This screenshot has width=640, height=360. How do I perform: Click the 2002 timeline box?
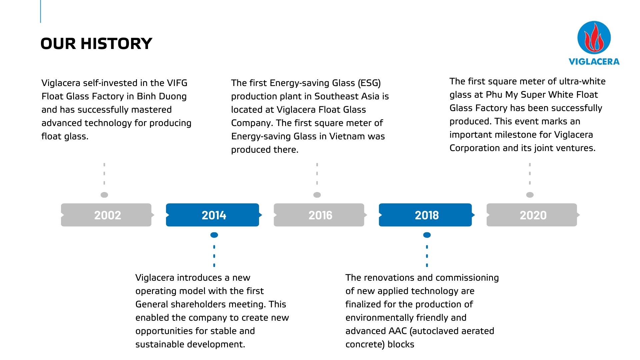pos(107,215)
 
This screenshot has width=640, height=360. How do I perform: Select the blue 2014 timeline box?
pos(213,215)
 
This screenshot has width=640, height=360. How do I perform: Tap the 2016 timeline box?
pos(320,215)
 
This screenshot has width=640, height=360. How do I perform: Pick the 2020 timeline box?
pos(532,215)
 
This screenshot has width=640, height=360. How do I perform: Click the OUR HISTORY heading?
pos(96,44)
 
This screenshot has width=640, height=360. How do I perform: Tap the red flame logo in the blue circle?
pos(594,38)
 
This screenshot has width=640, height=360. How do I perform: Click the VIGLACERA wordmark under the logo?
pos(594,61)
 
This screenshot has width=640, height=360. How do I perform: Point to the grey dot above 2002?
pos(104,195)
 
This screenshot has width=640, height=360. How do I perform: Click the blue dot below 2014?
pos(214,235)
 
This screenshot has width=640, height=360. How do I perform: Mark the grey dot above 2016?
pos(317,195)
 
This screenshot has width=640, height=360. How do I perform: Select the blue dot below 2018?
pos(427,235)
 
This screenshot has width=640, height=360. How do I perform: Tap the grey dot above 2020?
pos(530,195)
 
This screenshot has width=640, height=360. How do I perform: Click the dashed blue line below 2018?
pos(427,256)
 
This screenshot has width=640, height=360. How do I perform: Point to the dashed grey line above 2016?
pos(317,174)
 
